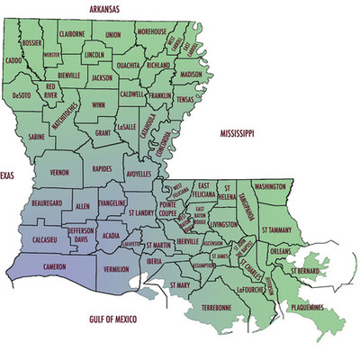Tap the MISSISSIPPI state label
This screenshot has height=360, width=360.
click(x=238, y=133)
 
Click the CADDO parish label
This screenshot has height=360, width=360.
click(x=13, y=62)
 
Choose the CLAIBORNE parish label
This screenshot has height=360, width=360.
click(x=72, y=35)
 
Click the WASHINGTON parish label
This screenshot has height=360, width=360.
click(x=269, y=186)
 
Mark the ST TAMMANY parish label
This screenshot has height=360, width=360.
click(x=277, y=230)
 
